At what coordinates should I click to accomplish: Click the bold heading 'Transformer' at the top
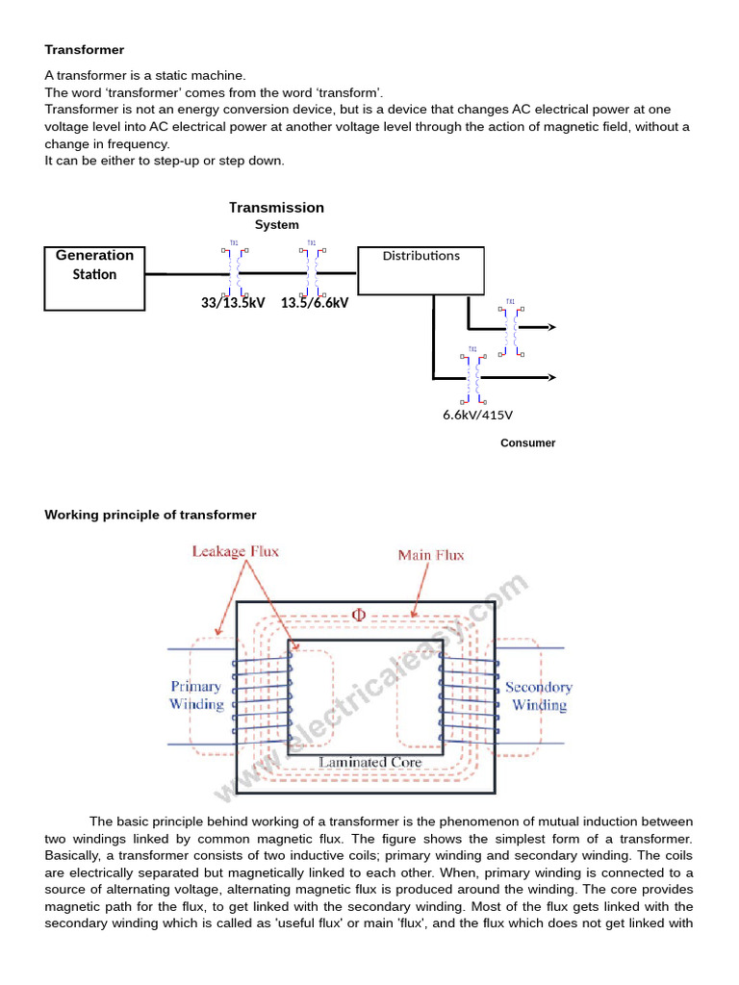pos(85,49)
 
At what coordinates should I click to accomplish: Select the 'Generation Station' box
pos(94,278)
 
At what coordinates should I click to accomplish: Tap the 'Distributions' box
pos(420,270)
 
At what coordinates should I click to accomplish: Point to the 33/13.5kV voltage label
pos(233,302)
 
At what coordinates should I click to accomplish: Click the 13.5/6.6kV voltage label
pos(315,302)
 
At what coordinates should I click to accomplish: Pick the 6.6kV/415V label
pos(477,415)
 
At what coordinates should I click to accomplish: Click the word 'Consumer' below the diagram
pos(527,443)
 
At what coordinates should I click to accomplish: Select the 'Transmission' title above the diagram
pos(276,208)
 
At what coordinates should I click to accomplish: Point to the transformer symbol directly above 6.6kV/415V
pos(472,376)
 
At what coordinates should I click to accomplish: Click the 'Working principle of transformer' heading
pos(151,515)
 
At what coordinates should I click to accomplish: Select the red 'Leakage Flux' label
pos(235,552)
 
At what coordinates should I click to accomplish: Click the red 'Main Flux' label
pos(431,555)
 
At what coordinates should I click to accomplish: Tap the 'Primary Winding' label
pos(196,695)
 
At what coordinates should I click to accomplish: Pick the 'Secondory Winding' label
pos(539,696)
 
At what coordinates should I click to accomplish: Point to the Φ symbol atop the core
pos(359,615)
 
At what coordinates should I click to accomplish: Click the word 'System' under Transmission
pos(276,225)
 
